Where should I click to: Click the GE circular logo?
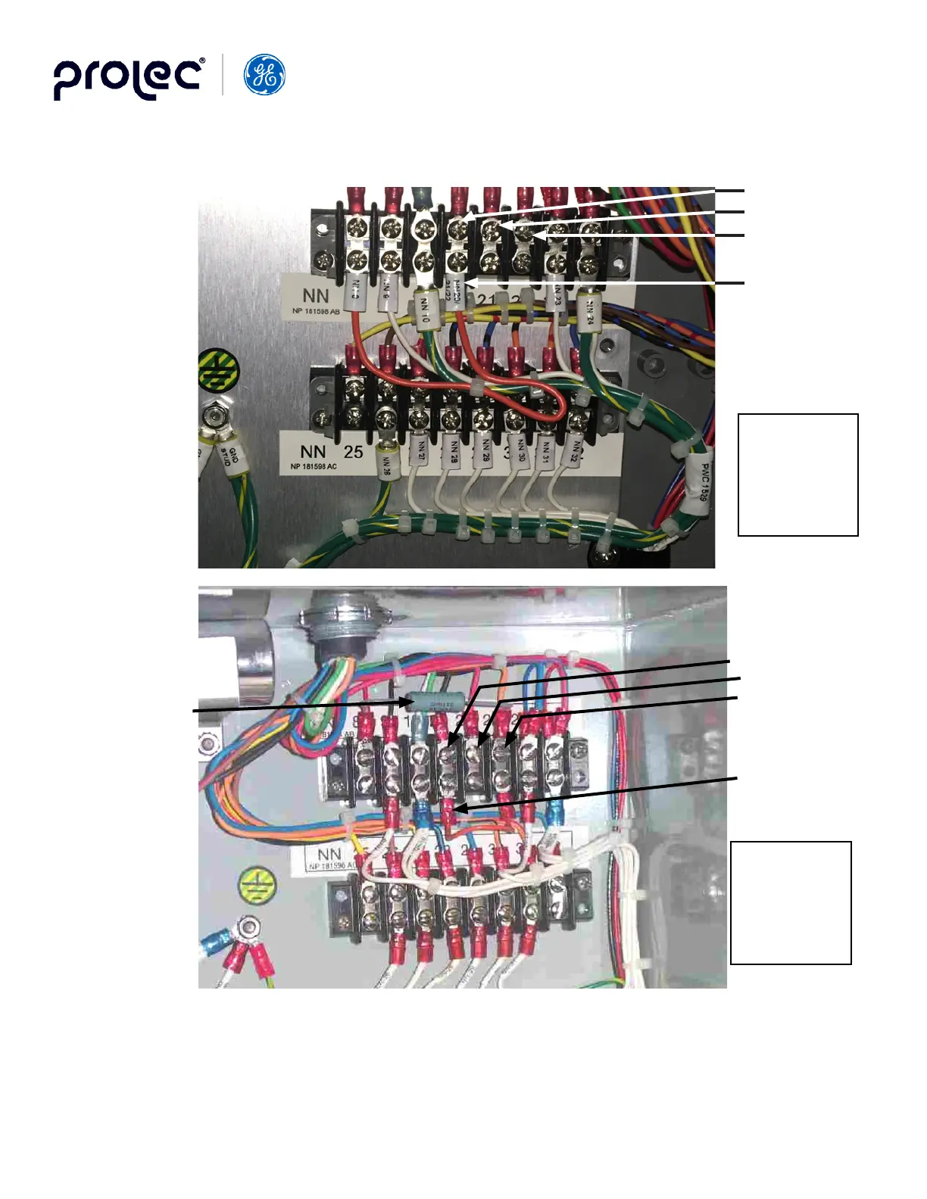[x=264, y=75]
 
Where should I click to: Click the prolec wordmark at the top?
[x=128, y=78]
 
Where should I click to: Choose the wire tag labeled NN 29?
[x=485, y=452]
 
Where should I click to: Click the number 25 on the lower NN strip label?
[x=354, y=452]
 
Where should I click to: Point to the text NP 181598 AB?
[x=316, y=311]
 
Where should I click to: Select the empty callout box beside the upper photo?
[x=797, y=475]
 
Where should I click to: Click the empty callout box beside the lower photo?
[x=791, y=902]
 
